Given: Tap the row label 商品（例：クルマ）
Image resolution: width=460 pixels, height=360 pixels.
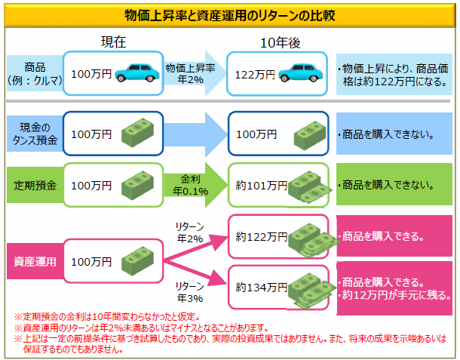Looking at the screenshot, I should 34,73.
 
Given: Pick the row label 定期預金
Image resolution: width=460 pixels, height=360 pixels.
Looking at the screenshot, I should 34,183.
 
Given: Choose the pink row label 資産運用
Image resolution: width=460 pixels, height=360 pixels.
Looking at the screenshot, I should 34,261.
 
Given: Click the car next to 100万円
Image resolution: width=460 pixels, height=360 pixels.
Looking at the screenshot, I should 135,73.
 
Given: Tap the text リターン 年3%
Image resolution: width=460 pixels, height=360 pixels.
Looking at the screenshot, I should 189,291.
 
